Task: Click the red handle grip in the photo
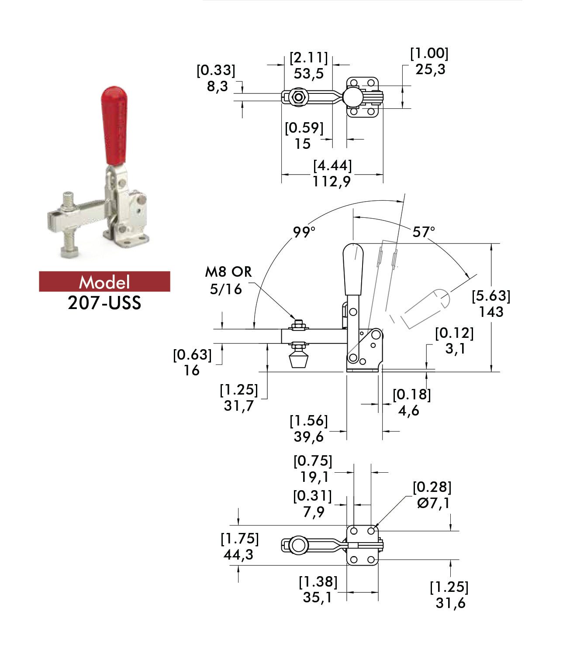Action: click(115, 124)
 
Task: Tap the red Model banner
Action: click(104, 282)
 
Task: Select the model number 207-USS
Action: click(104, 303)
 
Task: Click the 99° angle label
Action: click(304, 232)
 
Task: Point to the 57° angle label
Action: click(424, 232)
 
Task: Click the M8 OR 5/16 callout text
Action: click(228, 280)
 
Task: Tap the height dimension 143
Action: click(491, 312)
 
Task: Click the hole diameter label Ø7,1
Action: click(433, 503)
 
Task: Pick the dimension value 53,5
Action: click(308, 74)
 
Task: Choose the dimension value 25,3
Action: click(430, 69)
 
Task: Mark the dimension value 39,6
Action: click(308, 436)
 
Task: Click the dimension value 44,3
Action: click(238, 555)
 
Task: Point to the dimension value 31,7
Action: click(238, 406)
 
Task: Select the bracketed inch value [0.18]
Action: click(411, 395)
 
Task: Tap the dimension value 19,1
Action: click(314, 477)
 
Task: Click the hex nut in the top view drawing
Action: click(298, 96)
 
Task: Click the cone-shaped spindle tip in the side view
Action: click(299, 361)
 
